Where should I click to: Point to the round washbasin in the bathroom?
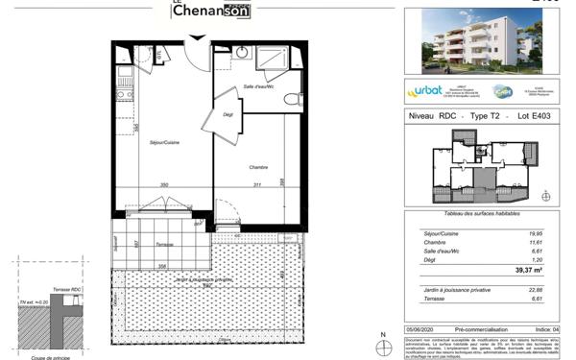[x=244, y=52]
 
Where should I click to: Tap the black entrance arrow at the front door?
[x=197, y=37]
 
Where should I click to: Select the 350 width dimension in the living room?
[x=164, y=183]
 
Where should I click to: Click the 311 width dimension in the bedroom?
[x=255, y=183]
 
